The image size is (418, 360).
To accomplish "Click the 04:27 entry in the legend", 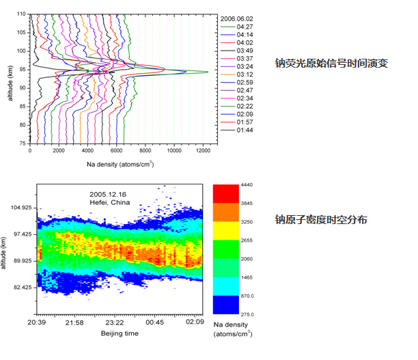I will (x=245, y=26).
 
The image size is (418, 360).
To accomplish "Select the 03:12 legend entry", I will (x=245, y=74).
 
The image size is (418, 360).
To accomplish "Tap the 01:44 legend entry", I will (x=245, y=129).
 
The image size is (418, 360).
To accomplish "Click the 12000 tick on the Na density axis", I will (x=202, y=151).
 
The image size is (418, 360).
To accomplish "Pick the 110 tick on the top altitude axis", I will (x=22, y=14).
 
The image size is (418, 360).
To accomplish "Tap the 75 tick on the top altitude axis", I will (x=22, y=143).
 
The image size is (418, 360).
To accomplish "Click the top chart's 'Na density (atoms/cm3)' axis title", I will (x=120, y=164).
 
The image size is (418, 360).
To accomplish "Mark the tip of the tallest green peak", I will (x=208, y=72).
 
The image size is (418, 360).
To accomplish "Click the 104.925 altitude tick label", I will (x=19, y=207).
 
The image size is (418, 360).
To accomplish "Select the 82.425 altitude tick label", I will (x=19, y=288).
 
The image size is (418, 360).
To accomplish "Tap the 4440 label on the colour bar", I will (x=247, y=184).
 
